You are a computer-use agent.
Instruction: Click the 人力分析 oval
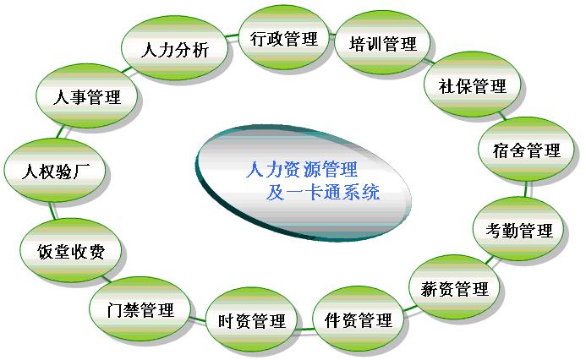pos(174,48)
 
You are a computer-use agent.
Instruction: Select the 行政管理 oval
pos(283,38)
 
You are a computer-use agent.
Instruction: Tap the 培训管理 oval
pos(382,43)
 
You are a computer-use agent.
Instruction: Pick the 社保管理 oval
pos(473,85)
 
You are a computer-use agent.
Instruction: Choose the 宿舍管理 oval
pos(526,150)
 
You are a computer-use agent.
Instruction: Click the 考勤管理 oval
pos(518,229)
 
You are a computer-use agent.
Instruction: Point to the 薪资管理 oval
pos(454,287)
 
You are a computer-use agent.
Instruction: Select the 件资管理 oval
pos(358,319)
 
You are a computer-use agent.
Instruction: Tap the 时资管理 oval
pos(252,320)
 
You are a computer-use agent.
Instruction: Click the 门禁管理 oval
pos(140,309)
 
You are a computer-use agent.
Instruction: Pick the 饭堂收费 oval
pos(71,251)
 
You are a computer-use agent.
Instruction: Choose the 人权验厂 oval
pos(55,171)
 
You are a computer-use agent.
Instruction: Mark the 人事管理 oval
pos(87,96)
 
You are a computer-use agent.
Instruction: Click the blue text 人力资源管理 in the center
pos(302,169)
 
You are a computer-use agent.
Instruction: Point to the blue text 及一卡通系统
pos(323,192)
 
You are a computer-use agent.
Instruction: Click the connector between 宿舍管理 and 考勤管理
pos(525,189)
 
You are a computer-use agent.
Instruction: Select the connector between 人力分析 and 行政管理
pos(233,36)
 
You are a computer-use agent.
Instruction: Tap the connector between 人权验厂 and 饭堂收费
pos(52,211)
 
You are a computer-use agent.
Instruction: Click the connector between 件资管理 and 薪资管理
pos(409,308)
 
